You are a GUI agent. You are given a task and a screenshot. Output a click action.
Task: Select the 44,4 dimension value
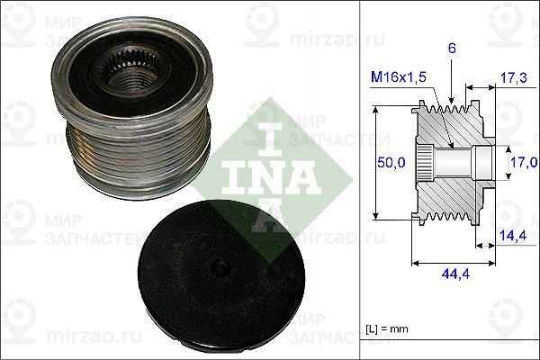coord(452,274)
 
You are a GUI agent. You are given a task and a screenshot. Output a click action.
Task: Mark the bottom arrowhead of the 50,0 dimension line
coord(376,216)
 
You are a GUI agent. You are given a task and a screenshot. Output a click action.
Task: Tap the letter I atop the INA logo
coord(266,135)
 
